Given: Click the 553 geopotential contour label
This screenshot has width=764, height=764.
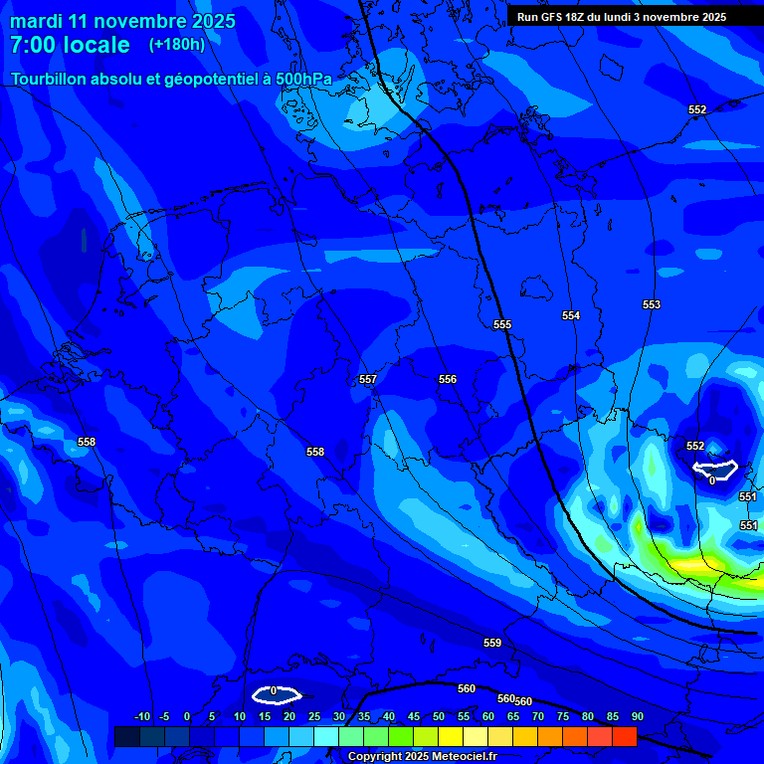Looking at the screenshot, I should (x=652, y=304).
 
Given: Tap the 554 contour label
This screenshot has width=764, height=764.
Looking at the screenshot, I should (x=571, y=315).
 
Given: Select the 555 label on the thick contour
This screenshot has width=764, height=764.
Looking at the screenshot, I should (x=502, y=325).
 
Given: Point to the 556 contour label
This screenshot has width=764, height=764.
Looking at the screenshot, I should (x=448, y=379).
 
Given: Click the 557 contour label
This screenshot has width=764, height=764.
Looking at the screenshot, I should (x=368, y=379).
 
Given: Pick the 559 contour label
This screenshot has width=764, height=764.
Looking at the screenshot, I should (x=492, y=643).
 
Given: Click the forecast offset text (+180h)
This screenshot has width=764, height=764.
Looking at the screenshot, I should (x=177, y=45).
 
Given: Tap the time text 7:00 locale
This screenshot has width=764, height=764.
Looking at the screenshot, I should (x=70, y=46).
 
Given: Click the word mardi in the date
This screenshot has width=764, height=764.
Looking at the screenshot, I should (x=36, y=21).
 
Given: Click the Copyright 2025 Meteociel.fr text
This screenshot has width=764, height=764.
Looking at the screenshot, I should (x=422, y=757).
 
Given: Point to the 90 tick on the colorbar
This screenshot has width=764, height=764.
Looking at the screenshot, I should (x=637, y=716).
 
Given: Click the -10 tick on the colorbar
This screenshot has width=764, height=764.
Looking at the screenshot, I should (x=141, y=716).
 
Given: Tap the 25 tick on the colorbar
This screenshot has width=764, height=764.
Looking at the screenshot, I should (x=314, y=716).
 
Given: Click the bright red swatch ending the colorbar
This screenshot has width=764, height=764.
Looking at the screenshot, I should (x=625, y=736).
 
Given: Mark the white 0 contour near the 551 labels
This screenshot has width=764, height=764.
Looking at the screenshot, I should (x=714, y=467).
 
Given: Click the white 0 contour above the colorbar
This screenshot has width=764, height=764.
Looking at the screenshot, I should (x=276, y=694).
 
